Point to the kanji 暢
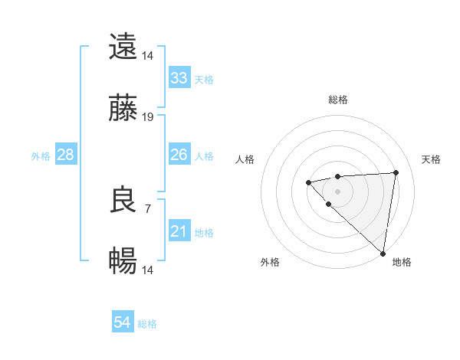click(x=123, y=262)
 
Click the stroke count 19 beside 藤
click(x=148, y=117)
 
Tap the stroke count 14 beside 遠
click(x=148, y=55)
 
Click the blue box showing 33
click(x=179, y=77)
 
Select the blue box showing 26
click(x=179, y=155)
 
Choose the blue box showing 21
click(x=179, y=231)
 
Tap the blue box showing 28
click(x=66, y=155)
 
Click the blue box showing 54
click(x=123, y=322)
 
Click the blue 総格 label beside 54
click(x=147, y=324)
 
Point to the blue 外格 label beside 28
click(x=41, y=156)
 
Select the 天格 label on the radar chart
click(x=431, y=159)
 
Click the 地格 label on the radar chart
click(x=402, y=262)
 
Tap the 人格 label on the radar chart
click(x=245, y=159)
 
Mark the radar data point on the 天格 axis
click(x=396, y=172)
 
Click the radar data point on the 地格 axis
click(x=383, y=254)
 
